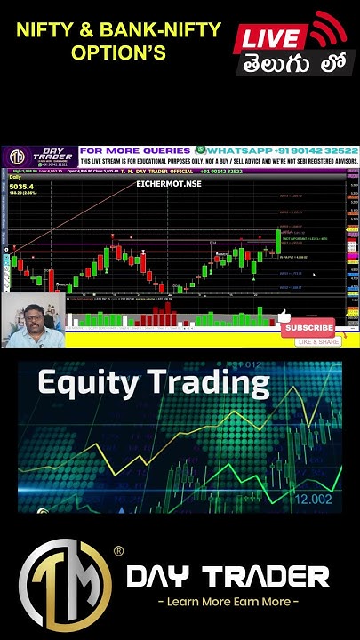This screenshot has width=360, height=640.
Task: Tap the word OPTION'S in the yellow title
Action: [119, 53]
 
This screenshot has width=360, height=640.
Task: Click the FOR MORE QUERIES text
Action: [134, 151]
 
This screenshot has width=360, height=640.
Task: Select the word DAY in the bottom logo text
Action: [161, 578]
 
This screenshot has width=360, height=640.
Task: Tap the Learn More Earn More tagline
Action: [228, 602]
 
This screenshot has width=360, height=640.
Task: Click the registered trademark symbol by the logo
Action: [118, 552]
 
